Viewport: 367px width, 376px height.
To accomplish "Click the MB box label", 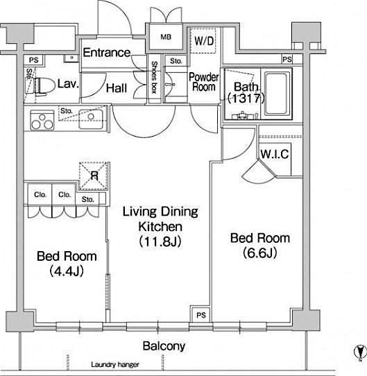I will click(166, 36).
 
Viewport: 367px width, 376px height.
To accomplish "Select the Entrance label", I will click(106, 53).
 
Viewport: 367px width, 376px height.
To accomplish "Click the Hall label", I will click(117, 87).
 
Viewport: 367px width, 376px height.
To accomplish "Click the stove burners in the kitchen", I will click(41, 121).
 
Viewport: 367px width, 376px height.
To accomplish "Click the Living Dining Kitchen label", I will click(160, 219).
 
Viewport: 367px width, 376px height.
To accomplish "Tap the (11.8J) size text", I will click(161, 242).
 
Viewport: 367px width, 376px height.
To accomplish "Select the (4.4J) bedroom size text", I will click(66, 271).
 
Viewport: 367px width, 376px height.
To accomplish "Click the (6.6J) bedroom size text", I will click(260, 253).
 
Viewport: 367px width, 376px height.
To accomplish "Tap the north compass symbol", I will click(358, 352).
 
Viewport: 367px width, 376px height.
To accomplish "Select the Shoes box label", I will click(155, 77).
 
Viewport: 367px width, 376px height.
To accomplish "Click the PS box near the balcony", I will click(200, 314).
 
